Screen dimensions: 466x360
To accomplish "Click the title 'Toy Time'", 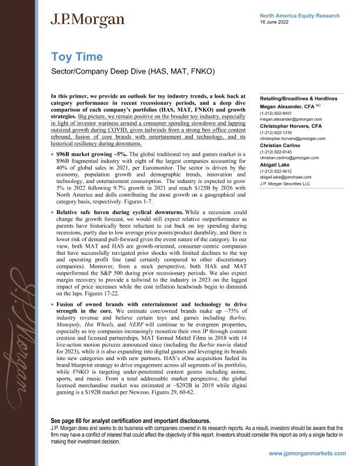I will pos(77,56).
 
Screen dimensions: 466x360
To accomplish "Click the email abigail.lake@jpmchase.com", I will pos(288,177).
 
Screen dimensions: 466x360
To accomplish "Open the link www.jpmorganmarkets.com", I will pos(307,454).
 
